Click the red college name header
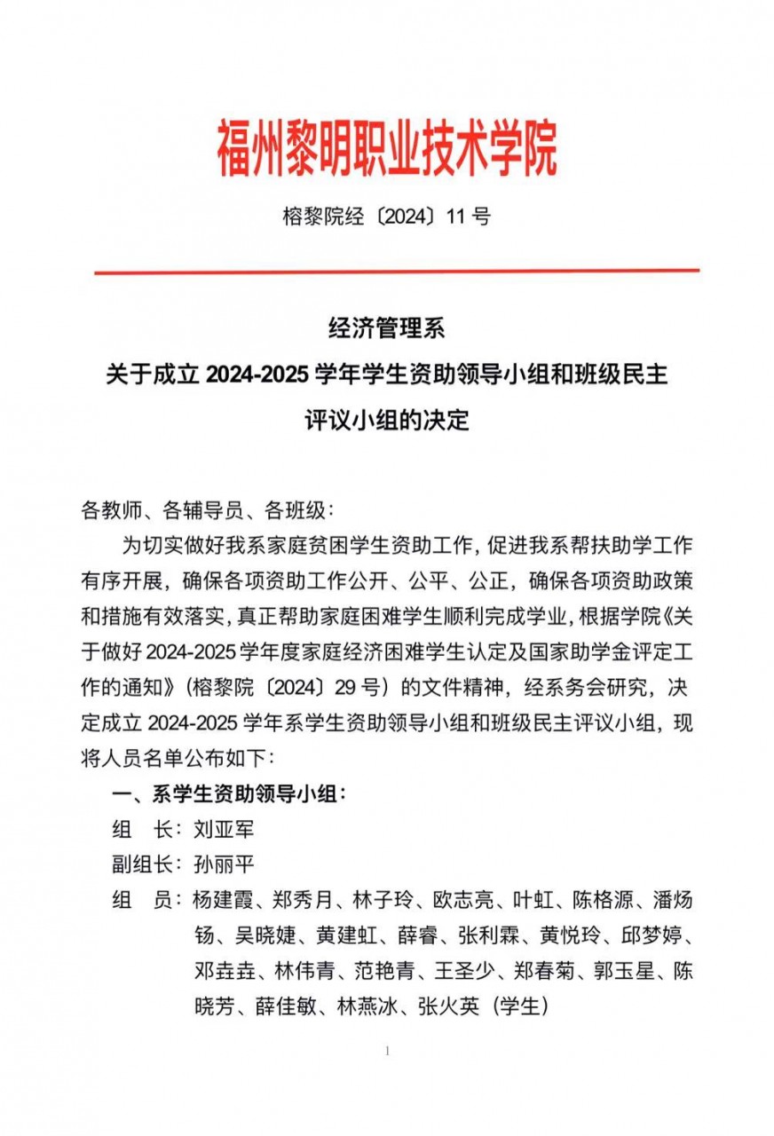[387, 147]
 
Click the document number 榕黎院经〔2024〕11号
[386, 216]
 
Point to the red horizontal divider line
[396, 271]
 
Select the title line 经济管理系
[386, 330]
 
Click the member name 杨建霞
[222, 900]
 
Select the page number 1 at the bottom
[388, 1052]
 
